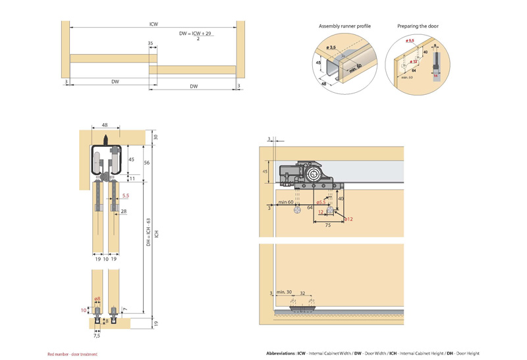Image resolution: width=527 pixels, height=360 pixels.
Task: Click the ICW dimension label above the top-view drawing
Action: pyautogui.click(x=153, y=24)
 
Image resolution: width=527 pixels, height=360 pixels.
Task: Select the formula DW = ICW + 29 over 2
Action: pyautogui.click(x=197, y=34)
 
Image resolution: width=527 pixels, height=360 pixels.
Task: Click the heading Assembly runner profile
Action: pyautogui.click(x=345, y=26)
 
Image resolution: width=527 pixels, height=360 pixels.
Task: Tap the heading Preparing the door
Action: pyautogui.click(x=418, y=26)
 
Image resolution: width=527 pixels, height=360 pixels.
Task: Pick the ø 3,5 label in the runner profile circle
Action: pyautogui.click(x=332, y=47)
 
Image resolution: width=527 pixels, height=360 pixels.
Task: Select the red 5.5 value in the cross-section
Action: pyautogui.click(x=125, y=195)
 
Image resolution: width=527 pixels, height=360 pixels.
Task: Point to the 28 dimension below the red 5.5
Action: pyautogui.click(x=123, y=211)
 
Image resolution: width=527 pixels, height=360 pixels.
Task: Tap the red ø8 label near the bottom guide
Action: pyautogui.click(x=97, y=299)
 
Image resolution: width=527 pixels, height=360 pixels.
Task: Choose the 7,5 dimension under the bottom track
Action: pyautogui.click(x=97, y=336)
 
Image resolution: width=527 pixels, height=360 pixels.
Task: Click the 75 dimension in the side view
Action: pyautogui.click(x=327, y=224)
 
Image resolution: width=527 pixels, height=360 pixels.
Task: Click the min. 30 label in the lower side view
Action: pyautogui.click(x=284, y=292)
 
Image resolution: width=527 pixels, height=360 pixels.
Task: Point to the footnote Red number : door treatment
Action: pyautogui.click(x=72, y=354)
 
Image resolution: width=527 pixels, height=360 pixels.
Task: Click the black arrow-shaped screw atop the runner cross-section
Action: pyautogui.click(x=105, y=140)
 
